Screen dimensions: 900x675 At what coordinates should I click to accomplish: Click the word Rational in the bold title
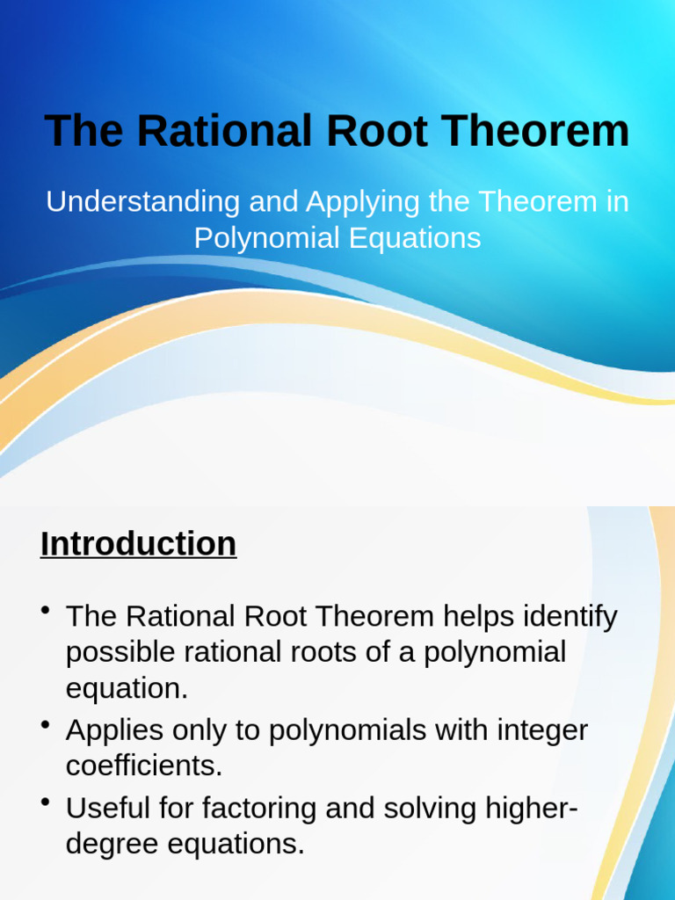[x=225, y=131]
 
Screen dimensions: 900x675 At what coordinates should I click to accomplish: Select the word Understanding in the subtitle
[x=142, y=201]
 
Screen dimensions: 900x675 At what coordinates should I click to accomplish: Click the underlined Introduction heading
[x=138, y=544]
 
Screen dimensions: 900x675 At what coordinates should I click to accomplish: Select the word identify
[x=571, y=616]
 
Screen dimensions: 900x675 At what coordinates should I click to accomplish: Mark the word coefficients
[x=144, y=766]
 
